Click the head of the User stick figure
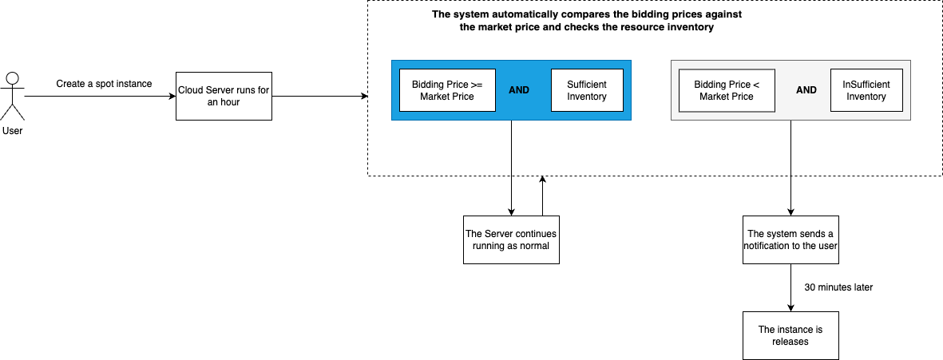pyautogui.click(x=12, y=79)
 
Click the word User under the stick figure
pyautogui.click(x=12, y=130)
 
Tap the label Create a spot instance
pyautogui.click(x=104, y=84)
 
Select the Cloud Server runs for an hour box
pyautogui.click(x=224, y=96)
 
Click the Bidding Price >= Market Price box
pyautogui.click(x=447, y=90)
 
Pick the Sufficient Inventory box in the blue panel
pyautogui.click(x=587, y=90)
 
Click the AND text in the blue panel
pyautogui.click(x=519, y=90)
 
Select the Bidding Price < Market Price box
pyautogui.click(x=727, y=90)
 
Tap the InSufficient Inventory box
pyautogui.click(x=866, y=90)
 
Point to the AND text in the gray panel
pyautogui.click(x=806, y=90)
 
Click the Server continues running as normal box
pyautogui.click(x=511, y=239)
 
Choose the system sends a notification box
pyautogui.click(x=790, y=239)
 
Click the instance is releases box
pyautogui.click(x=790, y=335)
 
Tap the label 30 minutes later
pyautogui.click(x=838, y=287)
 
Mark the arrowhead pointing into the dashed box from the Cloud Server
pyautogui.click(x=364, y=96)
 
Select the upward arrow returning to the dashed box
pyautogui.click(x=542, y=196)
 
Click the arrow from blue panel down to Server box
pyautogui.click(x=511, y=168)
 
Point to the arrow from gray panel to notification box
pyautogui.click(x=790, y=168)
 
